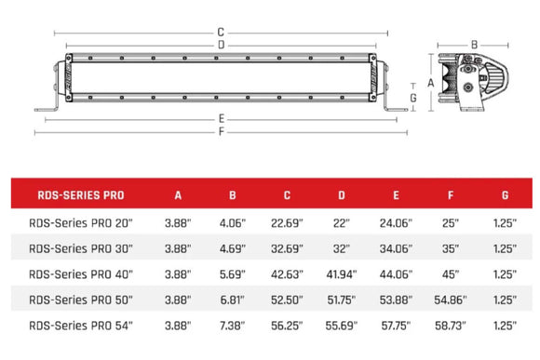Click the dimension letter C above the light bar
[220, 31]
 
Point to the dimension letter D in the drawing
[220, 45]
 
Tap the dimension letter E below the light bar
[220, 118]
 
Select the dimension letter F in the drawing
[220, 132]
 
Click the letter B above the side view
[474, 44]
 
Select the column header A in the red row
[178, 196]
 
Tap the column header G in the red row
[504, 196]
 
